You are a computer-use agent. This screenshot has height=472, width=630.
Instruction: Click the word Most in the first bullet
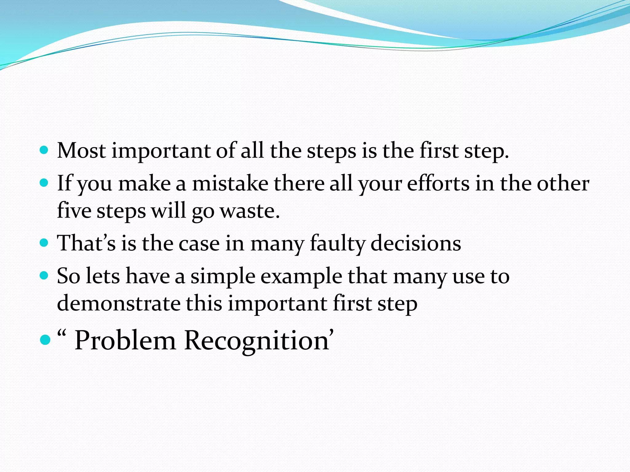[82, 151]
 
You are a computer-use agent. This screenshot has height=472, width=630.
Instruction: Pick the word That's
[86, 243]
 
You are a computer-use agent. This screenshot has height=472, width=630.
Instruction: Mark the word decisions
[416, 243]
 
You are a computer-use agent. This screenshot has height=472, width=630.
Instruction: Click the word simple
[223, 276]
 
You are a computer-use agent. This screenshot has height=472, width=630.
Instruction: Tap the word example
[301, 276]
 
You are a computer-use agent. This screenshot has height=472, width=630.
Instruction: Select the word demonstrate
[119, 303]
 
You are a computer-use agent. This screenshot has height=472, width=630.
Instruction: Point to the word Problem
[125, 340]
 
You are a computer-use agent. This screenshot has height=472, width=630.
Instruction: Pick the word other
[563, 183]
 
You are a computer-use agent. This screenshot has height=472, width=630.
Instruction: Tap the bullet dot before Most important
[44, 150]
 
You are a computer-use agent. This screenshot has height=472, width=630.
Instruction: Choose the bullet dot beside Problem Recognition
[45, 340]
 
